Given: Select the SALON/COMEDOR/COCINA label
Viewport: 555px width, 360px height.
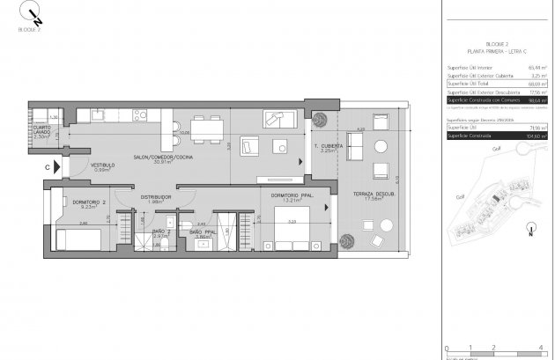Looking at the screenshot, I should point(163,158).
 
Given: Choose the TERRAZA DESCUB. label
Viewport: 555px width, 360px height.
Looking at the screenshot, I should point(373,193).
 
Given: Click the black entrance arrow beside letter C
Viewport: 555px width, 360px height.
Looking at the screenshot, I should point(57,165).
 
